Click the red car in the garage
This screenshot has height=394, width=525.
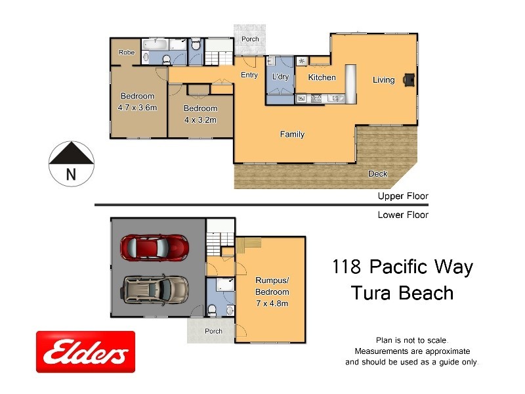click(x=155, y=248)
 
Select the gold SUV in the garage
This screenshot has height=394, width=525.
click(x=156, y=288)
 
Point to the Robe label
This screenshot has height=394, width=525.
click(x=126, y=52)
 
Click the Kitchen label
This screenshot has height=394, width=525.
click(x=322, y=77)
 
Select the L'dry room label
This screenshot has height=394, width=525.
click(x=280, y=77)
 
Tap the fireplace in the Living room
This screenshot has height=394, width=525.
click(x=409, y=79)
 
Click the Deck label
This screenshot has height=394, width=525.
click(x=378, y=174)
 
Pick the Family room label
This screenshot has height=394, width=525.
click(x=292, y=135)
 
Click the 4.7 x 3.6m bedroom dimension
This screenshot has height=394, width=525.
click(x=137, y=108)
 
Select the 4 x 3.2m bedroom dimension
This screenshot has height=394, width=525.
click(x=200, y=120)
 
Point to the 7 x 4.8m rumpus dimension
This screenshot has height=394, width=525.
click(x=272, y=303)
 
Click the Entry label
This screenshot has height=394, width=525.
click(x=249, y=75)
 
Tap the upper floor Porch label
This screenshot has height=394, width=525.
click(x=250, y=39)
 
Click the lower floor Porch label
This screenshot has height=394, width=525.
click(x=213, y=331)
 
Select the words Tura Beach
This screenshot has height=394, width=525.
click(x=402, y=293)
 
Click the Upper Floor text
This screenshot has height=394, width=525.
click(x=402, y=196)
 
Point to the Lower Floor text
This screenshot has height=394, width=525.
click(x=402, y=215)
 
